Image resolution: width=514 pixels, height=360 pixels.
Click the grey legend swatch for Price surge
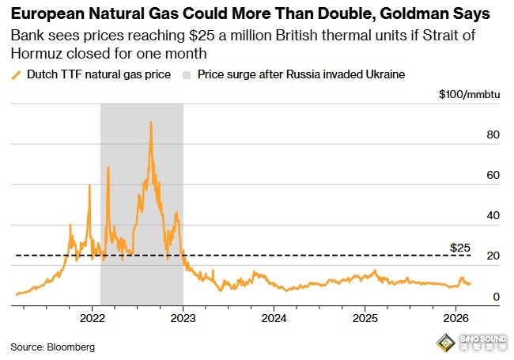pos(186,74)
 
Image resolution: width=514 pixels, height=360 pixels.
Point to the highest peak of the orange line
pos(150,122)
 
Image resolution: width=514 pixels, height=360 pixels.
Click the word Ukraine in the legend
pos(384,74)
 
